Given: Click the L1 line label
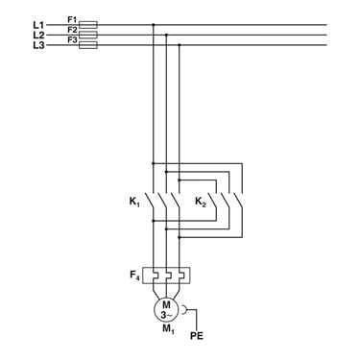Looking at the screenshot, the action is click(x=38, y=25).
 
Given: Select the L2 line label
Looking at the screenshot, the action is click(x=38, y=35).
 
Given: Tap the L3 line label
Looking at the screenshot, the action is click(x=38, y=45).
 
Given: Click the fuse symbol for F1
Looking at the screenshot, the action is click(x=88, y=25).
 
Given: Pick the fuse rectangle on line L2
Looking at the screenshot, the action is click(x=88, y=35).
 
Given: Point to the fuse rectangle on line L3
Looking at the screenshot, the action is click(x=88, y=45).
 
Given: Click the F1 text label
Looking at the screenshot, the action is click(x=72, y=19).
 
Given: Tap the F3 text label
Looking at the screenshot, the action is click(x=72, y=40).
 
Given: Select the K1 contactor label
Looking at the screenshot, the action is click(x=134, y=203).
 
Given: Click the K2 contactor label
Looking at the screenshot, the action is click(x=201, y=203).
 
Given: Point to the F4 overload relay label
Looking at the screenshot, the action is click(x=134, y=276).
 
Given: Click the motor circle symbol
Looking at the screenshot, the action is click(x=166, y=309).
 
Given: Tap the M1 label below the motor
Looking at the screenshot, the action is click(x=168, y=328).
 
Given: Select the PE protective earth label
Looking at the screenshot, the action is click(x=197, y=336).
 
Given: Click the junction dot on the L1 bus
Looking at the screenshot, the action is click(x=154, y=25).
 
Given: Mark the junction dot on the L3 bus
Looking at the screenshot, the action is click(x=180, y=45).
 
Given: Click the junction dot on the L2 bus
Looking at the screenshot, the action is click(x=166, y=35).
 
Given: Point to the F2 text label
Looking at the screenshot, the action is click(x=72, y=30).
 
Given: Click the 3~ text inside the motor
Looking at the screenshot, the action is click(x=166, y=315).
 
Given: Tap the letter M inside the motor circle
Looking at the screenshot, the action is click(x=166, y=304).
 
